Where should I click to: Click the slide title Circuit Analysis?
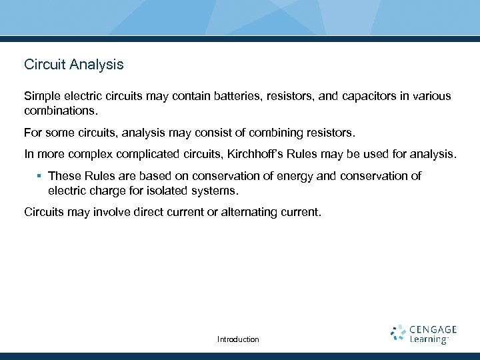click(x=73, y=65)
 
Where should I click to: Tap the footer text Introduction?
click(x=238, y=339)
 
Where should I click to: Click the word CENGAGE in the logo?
click(x=433, y=329)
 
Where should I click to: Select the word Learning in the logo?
click(x=428, y=339)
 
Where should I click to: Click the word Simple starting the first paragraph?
click(x=42, y=96)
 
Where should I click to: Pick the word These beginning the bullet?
click(x=64, y=177)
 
